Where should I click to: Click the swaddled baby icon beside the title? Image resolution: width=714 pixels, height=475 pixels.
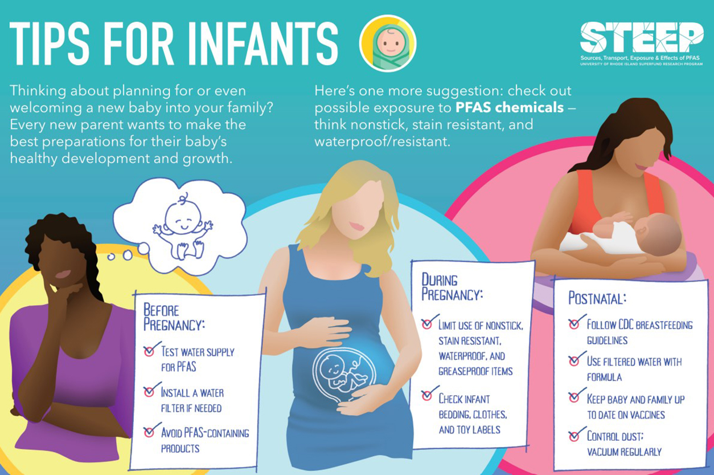388,43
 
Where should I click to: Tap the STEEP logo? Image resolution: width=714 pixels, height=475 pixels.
641,44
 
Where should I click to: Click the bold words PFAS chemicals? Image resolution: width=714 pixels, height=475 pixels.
510,108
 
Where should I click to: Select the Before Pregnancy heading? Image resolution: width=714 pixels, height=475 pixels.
174,317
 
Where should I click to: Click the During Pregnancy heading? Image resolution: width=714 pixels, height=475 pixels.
452,287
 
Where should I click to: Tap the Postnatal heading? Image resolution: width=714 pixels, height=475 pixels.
597,298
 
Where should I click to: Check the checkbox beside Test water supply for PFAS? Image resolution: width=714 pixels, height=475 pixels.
149,351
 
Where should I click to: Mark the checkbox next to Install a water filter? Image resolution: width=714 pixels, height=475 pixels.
149,392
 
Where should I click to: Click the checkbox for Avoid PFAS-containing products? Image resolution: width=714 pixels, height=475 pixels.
149,432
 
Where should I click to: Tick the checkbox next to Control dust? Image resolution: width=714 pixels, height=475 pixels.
574,436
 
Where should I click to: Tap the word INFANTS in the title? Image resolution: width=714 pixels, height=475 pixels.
265,43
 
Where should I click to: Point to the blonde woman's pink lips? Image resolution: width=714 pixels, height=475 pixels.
356,226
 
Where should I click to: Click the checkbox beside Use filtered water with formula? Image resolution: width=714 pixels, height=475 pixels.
574,361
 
